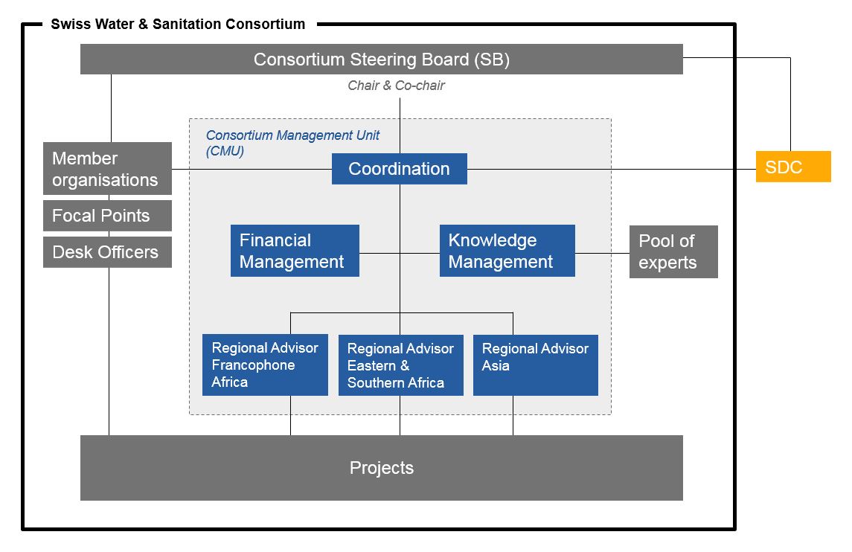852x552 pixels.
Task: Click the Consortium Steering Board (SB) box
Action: (x=381, y=60)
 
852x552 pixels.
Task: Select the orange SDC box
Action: (x=792, y=167)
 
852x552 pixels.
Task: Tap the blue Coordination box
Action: (x=399, y=169)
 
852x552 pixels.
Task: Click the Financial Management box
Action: (x=295, y=251)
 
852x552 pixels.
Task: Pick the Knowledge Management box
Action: (x=507, y=251)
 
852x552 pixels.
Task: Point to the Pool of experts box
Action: (x=673, y=251)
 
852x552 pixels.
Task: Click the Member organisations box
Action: (x=107, y=169)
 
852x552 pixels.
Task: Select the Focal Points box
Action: (x=107, y=216)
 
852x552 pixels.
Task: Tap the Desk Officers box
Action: (x=107, y=252)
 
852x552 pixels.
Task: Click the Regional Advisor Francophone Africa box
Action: (x=265, y=365)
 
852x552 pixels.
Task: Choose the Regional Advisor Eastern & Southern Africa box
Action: (x=400, y=365)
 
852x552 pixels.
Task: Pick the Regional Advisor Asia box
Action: (x=535, y=365)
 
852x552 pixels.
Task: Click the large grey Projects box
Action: (x=381, y=468)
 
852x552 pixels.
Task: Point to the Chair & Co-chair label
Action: (x=396, y=86)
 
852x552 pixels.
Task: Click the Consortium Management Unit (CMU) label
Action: (x=292, y=142)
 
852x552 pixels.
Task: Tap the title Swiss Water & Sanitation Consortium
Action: (x=178, y=24)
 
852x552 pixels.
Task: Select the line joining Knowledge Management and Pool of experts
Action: (x=602, y=253)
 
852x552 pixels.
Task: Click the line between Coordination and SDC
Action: (x=610, y=169)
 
